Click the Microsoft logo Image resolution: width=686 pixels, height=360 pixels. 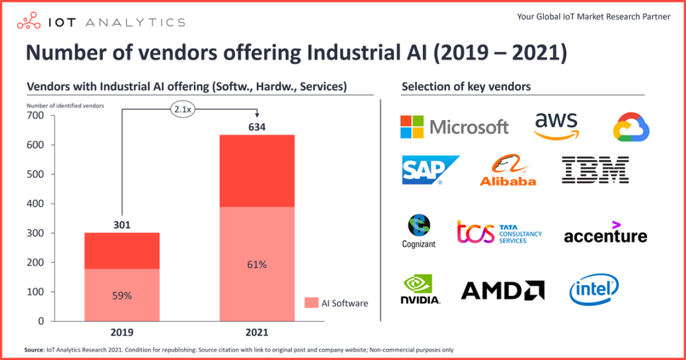[454, 127]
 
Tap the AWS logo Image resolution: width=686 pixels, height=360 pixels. [556, 126]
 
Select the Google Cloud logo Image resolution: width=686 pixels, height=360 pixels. [631, 127]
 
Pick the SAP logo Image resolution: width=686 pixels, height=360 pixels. [429, 170]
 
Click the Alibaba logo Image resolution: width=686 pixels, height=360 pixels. [508, 170]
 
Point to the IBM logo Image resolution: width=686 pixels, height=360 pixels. [595, 170]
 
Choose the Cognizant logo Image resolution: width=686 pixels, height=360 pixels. [419, 231]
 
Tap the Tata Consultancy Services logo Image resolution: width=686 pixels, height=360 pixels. [499, 232]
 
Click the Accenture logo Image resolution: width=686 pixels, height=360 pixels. [605, 233]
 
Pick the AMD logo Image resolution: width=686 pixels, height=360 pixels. [502, 290]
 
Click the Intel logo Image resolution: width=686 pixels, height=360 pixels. [594, 290]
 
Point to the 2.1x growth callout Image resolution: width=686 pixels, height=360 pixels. [182, 109]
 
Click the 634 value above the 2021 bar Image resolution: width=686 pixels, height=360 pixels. [257, 127]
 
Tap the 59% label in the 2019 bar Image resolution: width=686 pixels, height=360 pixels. [122, 295]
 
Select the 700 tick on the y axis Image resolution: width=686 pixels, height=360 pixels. [36, 116]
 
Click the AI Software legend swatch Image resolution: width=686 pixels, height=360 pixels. [311, 303]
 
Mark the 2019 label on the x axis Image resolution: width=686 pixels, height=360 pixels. [122, 332]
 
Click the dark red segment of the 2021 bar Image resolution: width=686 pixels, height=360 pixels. [257, 171]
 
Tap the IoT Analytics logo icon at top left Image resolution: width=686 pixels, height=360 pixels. [29, 22]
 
